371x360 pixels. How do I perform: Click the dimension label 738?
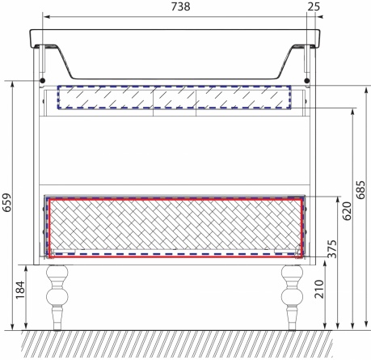[x=180, y=6]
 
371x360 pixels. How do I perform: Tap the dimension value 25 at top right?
[x=314, y=6]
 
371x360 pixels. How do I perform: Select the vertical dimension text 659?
[x=7, y=202]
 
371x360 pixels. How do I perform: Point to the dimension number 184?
[x=20, y=290]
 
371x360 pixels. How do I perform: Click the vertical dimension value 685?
[x=360, y=189]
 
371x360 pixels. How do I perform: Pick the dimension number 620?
[x=347, y=211]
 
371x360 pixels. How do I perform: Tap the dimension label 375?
[x=332, y=248]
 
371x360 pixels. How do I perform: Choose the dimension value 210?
[x=319, y=289]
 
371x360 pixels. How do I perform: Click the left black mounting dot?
[x=42, y=80]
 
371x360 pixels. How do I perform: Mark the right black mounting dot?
[x=306, y=80]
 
